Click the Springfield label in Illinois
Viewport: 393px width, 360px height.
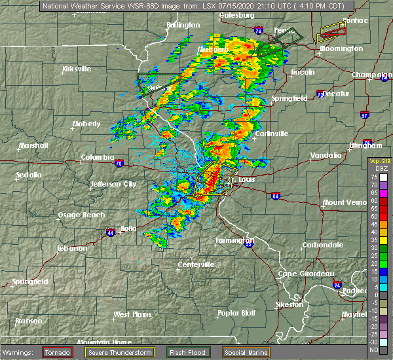(290, 98)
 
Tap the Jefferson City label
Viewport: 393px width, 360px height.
(113, 185)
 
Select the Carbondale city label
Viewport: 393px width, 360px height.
(322, 245)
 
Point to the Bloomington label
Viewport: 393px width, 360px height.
(341, 48)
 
